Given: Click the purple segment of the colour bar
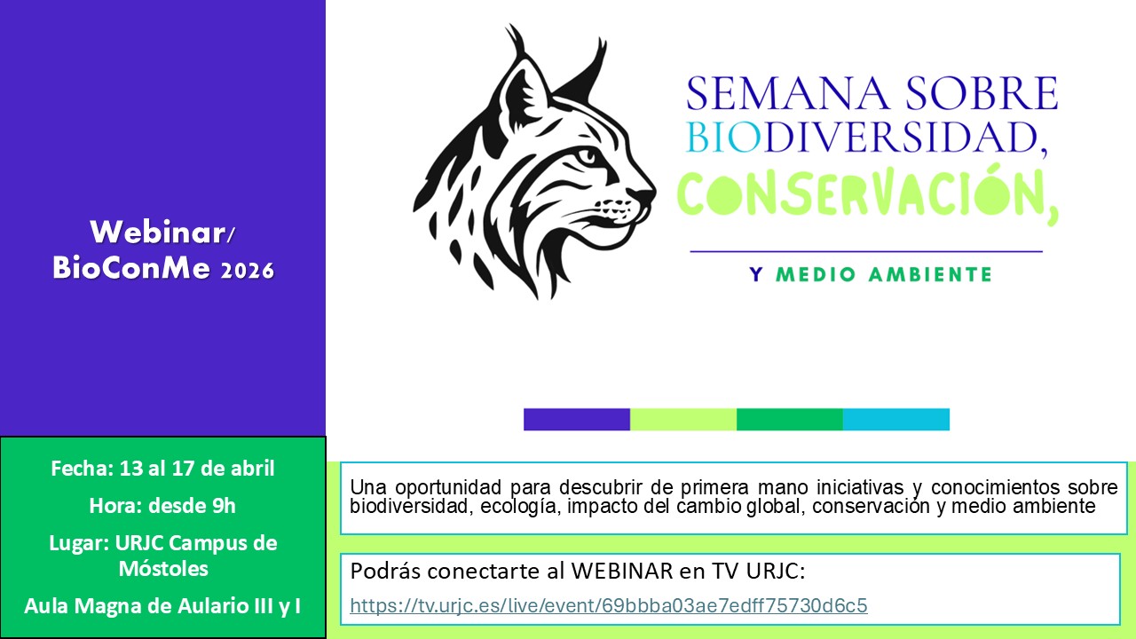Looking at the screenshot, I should (577, 419).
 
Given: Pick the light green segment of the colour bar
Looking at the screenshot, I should (683, 419).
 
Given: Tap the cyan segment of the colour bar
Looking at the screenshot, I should (895, 419).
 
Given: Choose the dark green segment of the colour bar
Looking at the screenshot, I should (789, 419).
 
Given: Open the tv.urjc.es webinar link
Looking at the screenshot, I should (608, 606).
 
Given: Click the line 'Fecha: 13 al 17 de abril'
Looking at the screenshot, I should (162, 469).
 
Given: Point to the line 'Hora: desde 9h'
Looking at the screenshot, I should (162, 506).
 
